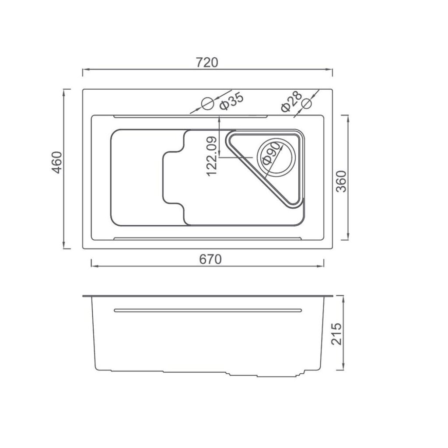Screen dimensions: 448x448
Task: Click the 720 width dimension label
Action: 207,63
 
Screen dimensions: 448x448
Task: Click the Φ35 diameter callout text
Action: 231,102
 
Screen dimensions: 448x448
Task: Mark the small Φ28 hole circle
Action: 307,104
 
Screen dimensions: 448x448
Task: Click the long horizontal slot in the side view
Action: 208,310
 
